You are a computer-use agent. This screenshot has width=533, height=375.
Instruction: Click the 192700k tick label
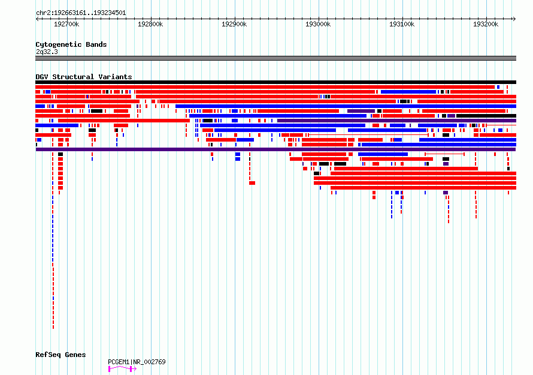pos(66,24)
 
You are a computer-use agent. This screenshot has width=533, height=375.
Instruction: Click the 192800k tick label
pos(150,24)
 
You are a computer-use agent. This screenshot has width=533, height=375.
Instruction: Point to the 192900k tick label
pos(234,24)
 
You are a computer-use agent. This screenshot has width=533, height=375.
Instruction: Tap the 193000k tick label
pos(318,24)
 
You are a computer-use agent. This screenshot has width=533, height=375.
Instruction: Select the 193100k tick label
pos(402,24)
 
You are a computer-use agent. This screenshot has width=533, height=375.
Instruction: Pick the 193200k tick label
pos(486,24)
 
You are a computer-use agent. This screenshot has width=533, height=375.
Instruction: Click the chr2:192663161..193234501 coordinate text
pos(81,13)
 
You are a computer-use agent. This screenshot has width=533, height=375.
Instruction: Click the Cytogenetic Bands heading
pos(71,44)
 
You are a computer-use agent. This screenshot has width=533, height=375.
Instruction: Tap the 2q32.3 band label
pos(47,52)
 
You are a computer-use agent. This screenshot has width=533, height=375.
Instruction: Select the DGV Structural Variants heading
pos(84,77)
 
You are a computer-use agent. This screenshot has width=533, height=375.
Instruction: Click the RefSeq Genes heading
pos(60,355)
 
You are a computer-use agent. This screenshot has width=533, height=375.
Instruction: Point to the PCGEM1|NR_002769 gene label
pos(137,362)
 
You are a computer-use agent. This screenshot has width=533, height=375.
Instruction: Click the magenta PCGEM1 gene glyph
pos(122,369)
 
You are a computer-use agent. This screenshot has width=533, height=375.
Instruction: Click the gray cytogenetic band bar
pos(275,58)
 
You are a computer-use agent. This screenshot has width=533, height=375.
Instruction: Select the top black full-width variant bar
pos(275,82)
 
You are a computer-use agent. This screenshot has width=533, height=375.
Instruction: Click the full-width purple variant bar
pos(275,149)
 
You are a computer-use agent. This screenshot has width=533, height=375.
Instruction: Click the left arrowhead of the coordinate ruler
pos(37,19)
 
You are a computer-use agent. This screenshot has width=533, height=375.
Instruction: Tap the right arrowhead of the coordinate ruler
pos(514,19)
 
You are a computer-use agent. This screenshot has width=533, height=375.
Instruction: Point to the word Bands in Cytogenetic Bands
pos(96,44)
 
